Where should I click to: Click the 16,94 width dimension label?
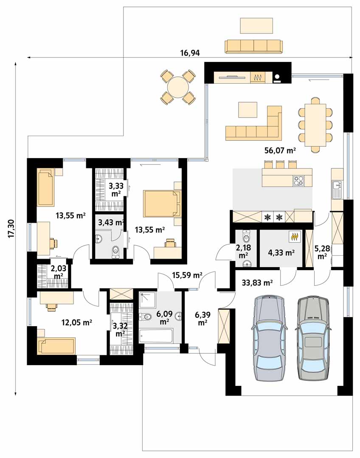pyautogui.click(x=190, y=53)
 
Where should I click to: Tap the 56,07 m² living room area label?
pyautogui.click(x=280, y=151)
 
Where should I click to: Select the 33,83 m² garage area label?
pyautogui.click(x=257, y=282)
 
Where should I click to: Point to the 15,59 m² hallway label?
pyautogui.click(x=187, y=275)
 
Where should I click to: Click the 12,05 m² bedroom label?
pyautogui.click(x=76, y=322)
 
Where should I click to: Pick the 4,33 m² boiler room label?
pyautogui.click(x=281, y=252)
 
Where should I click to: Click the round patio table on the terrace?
pyautogui.click(x=177, y=87)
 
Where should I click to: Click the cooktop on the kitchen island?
pyautogui.click(x=298, y=181)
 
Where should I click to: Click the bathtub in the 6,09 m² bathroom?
pyautogui.click(x=156, y=336)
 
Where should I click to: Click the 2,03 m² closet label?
pyautogui.click(x=59, y=272)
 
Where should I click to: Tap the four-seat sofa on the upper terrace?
pyautogui.click(x=254, y=47)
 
